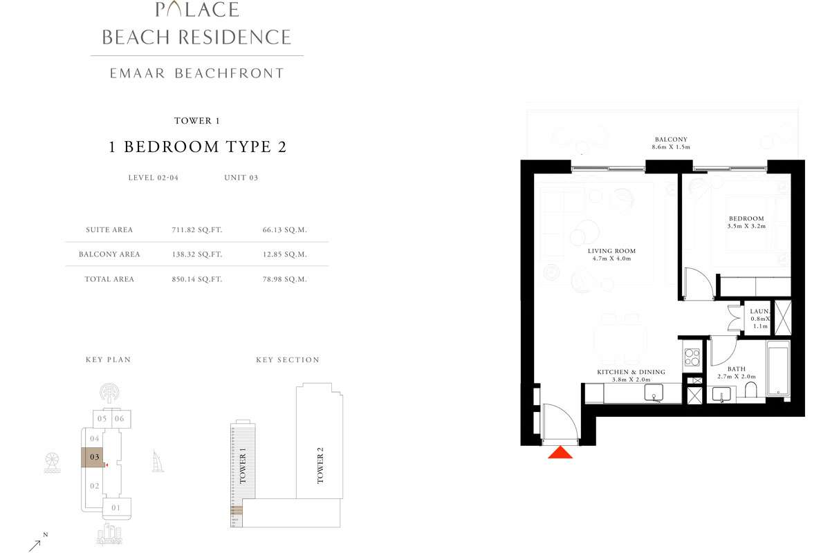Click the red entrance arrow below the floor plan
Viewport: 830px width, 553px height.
point(561,452)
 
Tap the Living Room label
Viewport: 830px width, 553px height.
point(611,254)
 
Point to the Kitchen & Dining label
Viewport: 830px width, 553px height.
point(631,375)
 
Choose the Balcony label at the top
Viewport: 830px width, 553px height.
point(671,143)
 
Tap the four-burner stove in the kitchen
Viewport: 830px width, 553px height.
point(692,357)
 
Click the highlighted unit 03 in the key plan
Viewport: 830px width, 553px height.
point(95,457)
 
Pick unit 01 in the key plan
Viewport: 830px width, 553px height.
point(115,508)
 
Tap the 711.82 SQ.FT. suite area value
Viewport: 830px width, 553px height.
point(196,229)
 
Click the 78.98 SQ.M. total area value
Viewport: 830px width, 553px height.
point(287,279)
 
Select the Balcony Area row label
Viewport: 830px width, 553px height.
point(109,254)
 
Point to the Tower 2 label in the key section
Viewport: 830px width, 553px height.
point(320,465)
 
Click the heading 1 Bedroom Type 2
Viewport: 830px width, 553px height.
point(197,147)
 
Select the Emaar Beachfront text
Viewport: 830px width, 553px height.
point(197,73)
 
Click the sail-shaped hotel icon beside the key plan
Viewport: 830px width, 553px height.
point(156,461)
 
